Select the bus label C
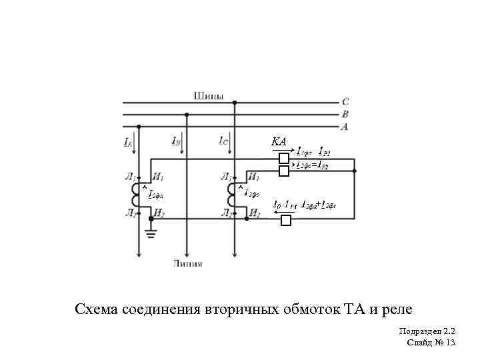click(345, 102)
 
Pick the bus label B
click(345, 114)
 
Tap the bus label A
click(345, 127)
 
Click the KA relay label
click(279, 142)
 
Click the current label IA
click(127, 142)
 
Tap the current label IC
click(223, 141)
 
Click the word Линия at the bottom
click(188, 264)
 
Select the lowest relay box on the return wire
click(287, 221)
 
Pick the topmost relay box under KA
click(284, 159)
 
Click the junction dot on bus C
click(235, 102)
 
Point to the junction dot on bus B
click(187, 114)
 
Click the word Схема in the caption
click(97, 309)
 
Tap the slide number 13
click(449, 343)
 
